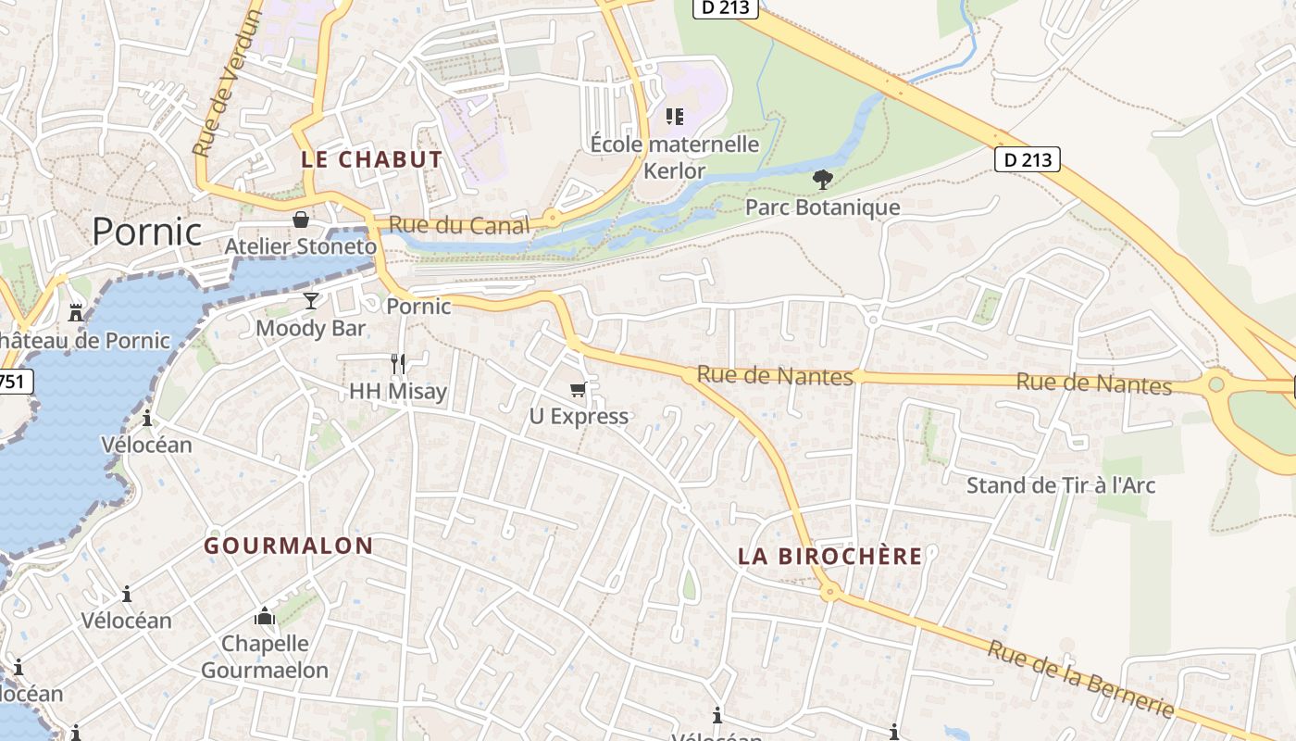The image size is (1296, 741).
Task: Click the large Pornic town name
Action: click(146, 231)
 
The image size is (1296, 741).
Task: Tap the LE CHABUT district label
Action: click(372, 159)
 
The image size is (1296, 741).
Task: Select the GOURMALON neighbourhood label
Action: click(289, 546)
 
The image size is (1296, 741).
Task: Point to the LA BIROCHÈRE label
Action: click(830, 556)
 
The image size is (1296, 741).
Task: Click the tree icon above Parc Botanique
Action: click(822, 179)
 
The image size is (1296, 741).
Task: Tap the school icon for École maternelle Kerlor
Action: click(675, 117)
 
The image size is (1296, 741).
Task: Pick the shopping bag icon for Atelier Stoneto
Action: click(301, 220)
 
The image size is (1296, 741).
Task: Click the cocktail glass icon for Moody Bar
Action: click(310, 301)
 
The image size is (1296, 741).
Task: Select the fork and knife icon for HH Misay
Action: click(398, 363)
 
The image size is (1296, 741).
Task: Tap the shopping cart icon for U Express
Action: click(579, 389)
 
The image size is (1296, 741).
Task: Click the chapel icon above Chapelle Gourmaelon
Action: click(265, 616)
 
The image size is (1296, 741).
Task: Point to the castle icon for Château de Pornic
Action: click(77, 313)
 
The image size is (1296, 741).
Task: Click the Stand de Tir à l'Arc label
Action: click(1061, 485)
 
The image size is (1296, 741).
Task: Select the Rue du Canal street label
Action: click(458, 224)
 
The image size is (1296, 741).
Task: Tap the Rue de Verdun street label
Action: click(216, 83)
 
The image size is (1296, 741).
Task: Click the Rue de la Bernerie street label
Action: click(1080, 678)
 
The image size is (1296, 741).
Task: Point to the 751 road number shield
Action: click(15, 381)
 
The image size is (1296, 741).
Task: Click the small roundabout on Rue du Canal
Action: click(553, 219)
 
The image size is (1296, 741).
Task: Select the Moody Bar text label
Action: click(311, 328)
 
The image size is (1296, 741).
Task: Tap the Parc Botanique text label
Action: click(822, 207)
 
